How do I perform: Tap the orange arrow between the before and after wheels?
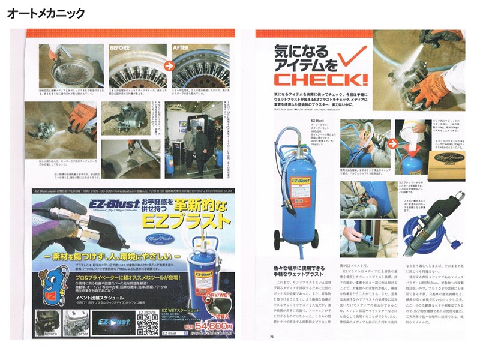point(170,67)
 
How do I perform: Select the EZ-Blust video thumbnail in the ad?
point(107,325)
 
